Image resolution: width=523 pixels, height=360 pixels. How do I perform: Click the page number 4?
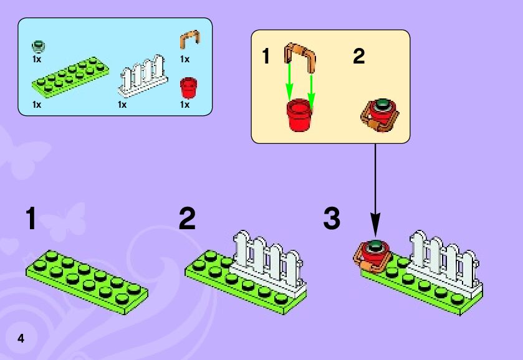(x=21, y=339)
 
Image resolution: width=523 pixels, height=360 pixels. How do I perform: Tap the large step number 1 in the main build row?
(x=31, y=219)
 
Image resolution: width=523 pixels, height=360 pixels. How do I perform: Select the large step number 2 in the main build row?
(x=187, y=219)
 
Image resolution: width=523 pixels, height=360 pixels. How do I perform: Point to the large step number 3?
(x=332, y=219)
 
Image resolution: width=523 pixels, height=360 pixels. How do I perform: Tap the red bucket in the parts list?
(x=188, y=88)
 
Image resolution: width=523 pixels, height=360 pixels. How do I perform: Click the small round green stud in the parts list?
(x=39, y=46)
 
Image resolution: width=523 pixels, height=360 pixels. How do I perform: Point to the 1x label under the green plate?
(x=37, y=105)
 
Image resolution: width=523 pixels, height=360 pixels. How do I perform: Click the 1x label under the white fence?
(x=122, y=105)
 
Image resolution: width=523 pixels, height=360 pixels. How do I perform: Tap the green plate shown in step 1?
(x=85, y=278)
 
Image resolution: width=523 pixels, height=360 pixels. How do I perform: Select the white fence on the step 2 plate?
(x=267, y=260)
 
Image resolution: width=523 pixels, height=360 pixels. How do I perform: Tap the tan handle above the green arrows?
(x=300, y=55)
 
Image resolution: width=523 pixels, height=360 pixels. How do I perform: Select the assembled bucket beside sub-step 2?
(x=379, y=115)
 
